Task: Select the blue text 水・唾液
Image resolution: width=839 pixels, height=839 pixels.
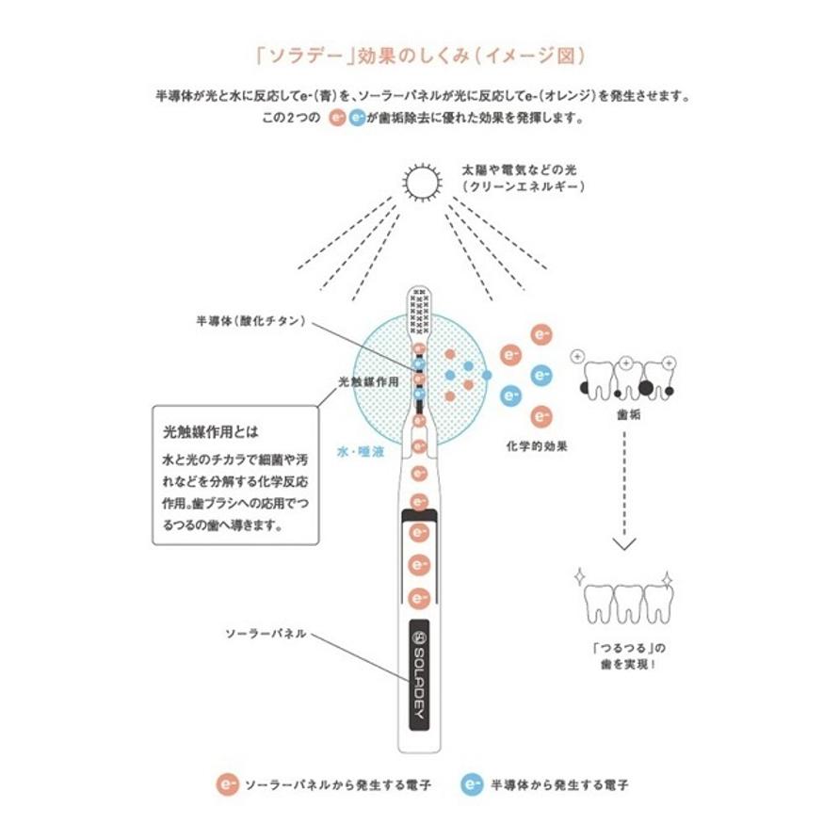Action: pos(361,452)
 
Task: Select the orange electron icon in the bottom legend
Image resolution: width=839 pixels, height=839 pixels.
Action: pos(226,783)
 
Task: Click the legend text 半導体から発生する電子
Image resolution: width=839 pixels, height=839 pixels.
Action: pos(559,783)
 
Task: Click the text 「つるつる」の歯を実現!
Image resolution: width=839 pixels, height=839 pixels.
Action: pos(624,655)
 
